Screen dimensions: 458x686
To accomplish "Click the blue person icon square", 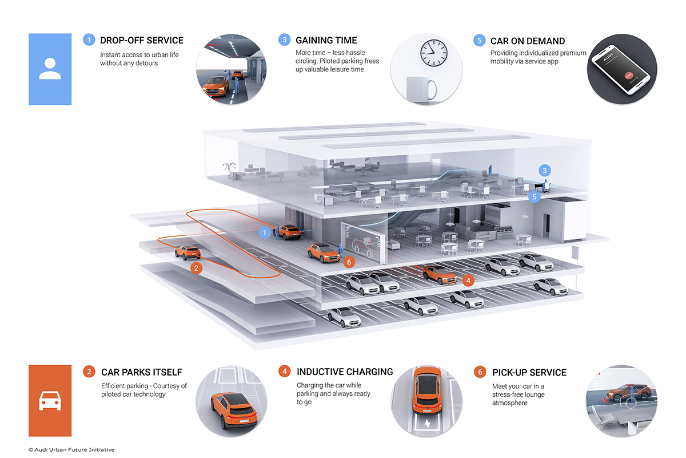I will [50, 69].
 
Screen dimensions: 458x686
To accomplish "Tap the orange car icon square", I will [50, 401].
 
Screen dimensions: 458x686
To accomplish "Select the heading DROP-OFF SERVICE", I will [142, 41].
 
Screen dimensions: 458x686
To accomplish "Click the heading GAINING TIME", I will [326, 41].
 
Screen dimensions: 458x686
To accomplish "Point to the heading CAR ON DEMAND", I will [528, 41].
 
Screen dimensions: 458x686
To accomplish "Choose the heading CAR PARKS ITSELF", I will [142, 373].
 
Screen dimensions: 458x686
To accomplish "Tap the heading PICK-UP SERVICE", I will [529, 373].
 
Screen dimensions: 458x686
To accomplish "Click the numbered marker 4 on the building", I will [468, 281].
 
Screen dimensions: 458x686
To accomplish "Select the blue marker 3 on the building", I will [545, 170].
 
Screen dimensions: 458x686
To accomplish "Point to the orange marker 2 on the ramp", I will [196, 267].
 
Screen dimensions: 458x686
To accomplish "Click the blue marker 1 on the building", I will [264, 233].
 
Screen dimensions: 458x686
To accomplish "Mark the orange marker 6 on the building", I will [350, 262].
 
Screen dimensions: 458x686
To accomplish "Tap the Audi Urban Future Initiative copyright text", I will [71, 450].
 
